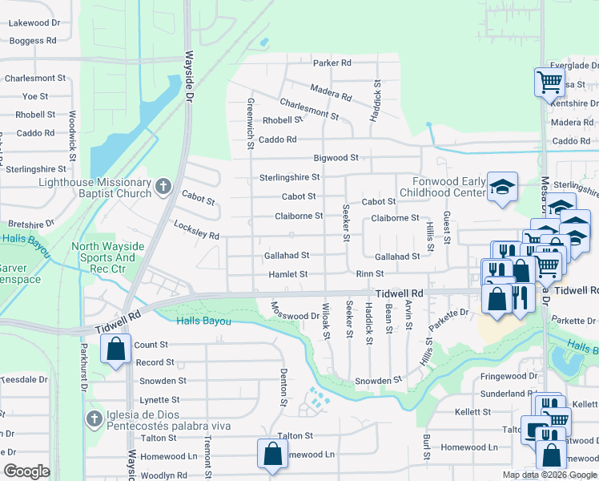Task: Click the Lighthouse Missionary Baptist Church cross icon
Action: [163, 188]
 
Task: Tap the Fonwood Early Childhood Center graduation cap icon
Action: [502, 188]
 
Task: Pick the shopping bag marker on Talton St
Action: [273, 453]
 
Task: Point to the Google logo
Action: [27, 471]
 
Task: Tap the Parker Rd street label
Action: [332, 63]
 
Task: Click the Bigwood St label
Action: [336, 159]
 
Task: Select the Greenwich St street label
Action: [251, 124]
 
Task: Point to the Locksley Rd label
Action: [196, 230]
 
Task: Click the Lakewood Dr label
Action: [34, 24]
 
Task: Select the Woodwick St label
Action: [72, 133]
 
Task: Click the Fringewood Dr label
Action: [509, 375]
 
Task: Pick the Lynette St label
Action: [159, 399]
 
